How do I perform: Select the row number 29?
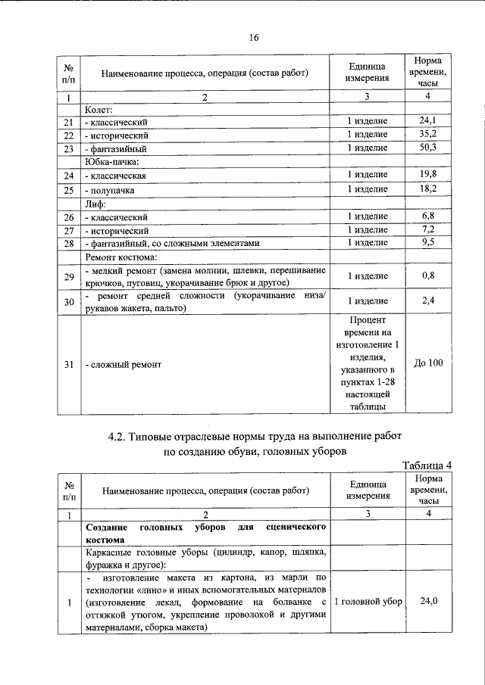click(68, 277)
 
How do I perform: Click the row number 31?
click(68, 365)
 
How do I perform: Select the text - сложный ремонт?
click(123, 365)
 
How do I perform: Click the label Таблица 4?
click(427, 465)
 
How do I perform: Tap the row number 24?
click(68, 176)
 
